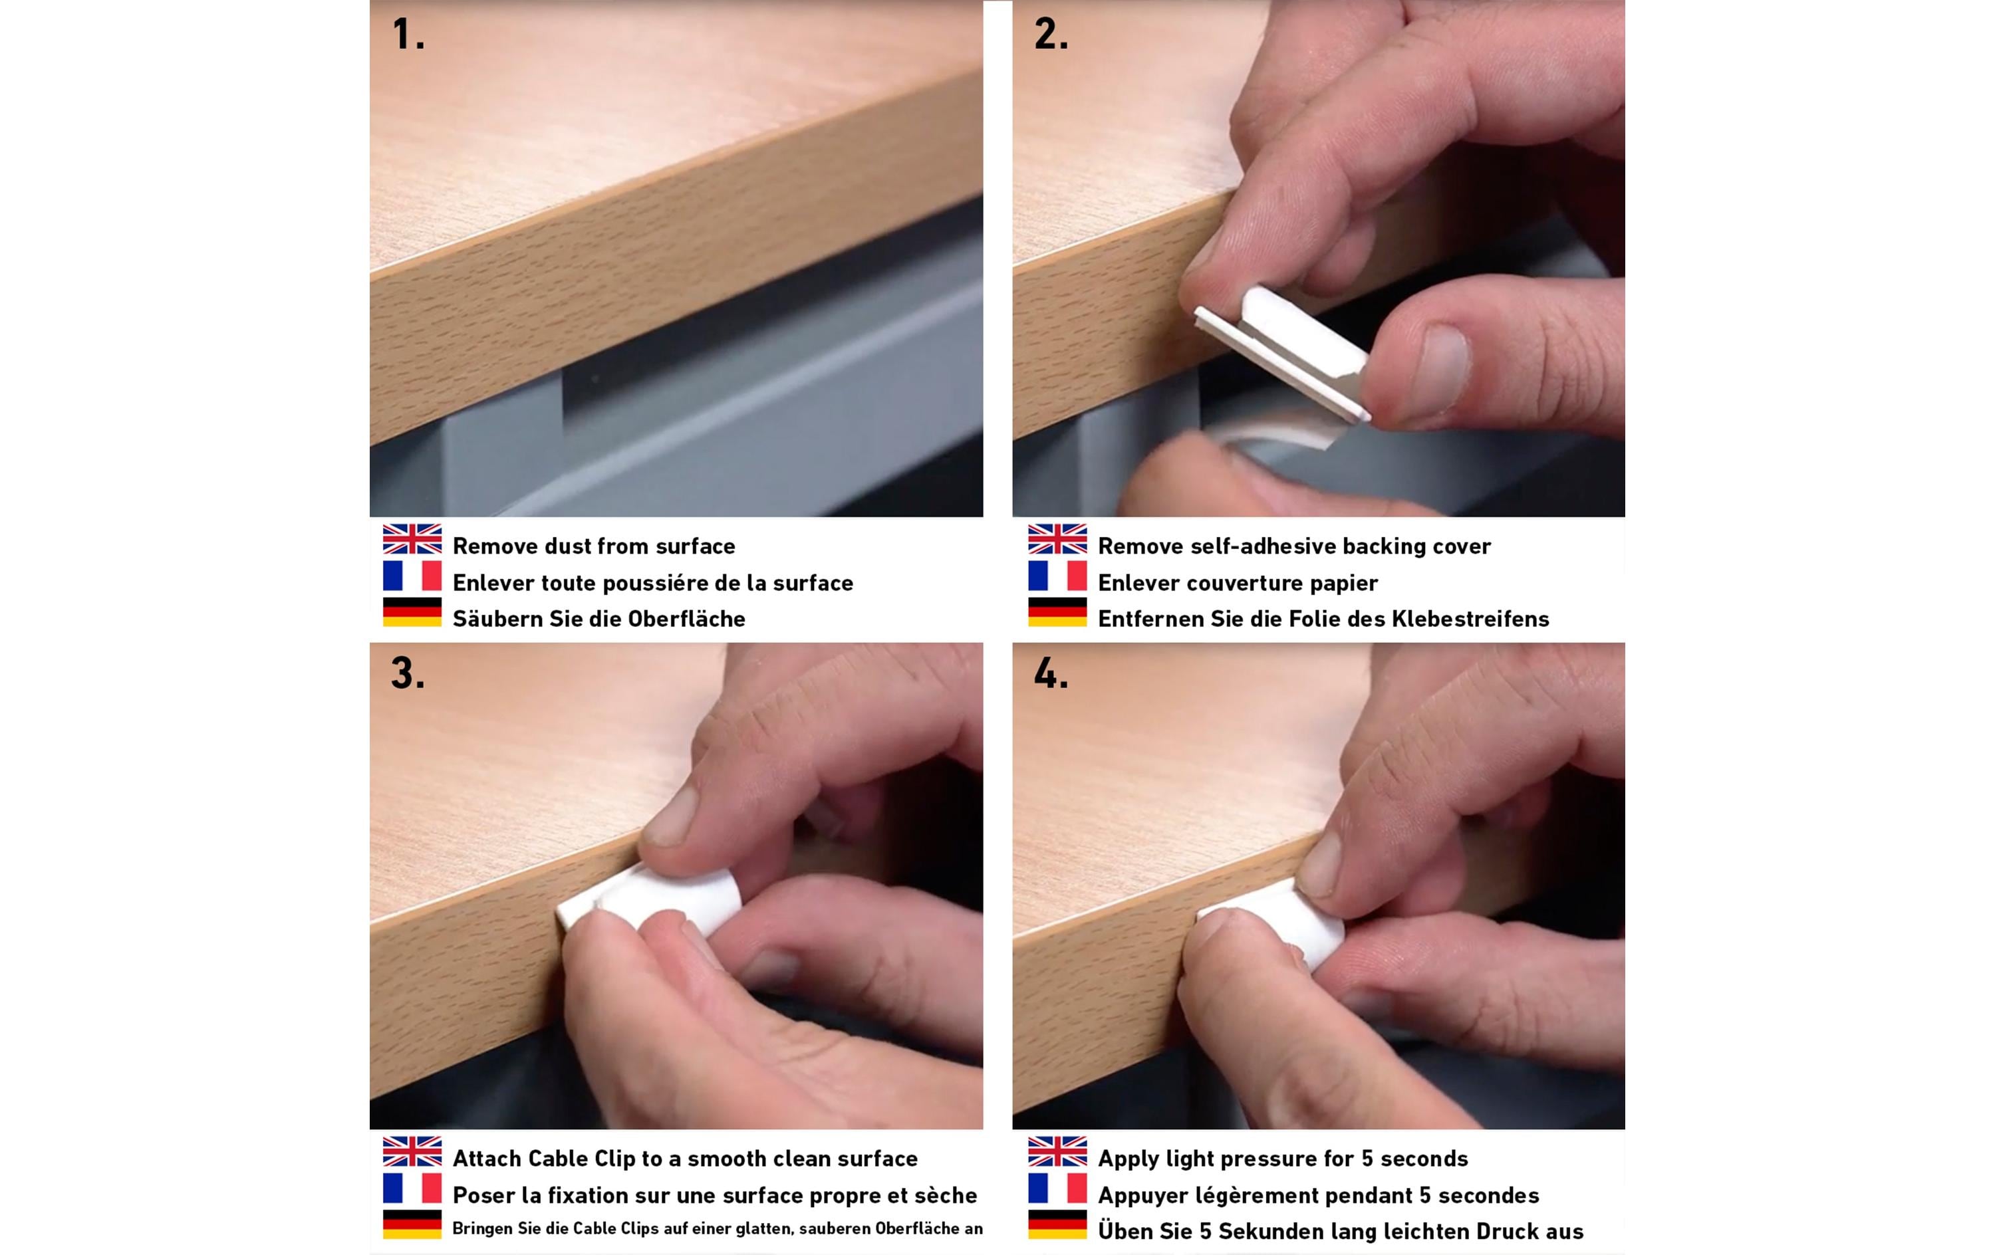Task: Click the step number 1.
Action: point(408,35)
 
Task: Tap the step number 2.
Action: point(1051,35)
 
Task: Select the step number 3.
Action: point(408,673)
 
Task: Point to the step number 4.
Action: point(1051,673)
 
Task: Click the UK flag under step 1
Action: point(412,538)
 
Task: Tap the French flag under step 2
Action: point(1057,575)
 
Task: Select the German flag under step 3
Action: point(412,1224)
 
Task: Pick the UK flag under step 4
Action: point(1057,1151)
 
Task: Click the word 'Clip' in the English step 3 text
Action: point(613,1159)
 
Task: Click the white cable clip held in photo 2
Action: point(1283,352)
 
